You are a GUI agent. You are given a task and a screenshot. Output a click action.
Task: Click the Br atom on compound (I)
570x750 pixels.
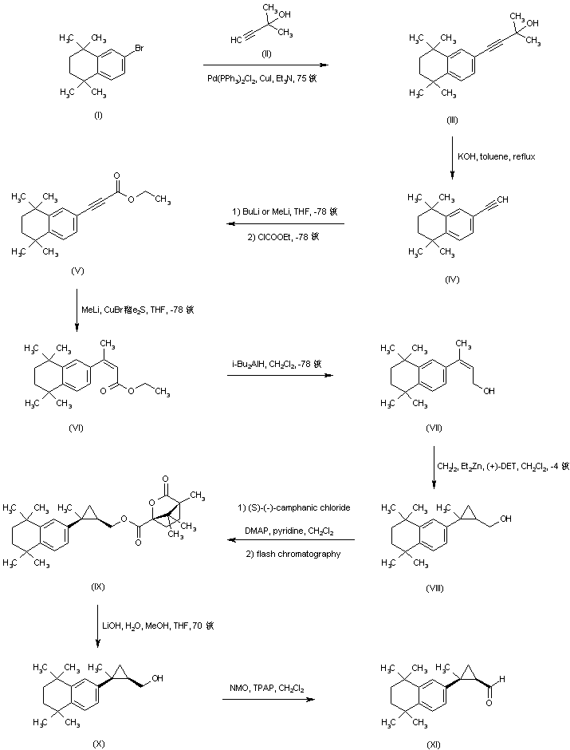[x=138, y=49]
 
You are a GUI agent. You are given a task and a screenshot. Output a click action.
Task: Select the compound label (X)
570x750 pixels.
[x=98, y=744]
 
